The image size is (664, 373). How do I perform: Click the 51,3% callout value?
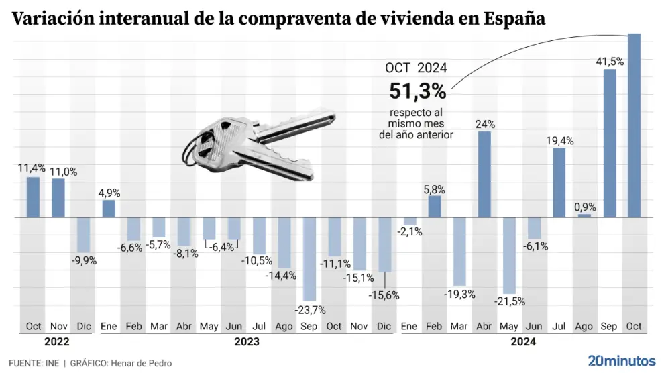click(418, 91)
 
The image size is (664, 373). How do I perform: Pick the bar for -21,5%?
click(510, 255)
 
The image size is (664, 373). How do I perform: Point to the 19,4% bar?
click(559, 182)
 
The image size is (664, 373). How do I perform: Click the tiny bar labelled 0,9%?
click(585, 215)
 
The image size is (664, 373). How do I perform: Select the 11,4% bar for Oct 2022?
click(34, 197)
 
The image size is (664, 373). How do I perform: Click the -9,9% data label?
click(84, 260)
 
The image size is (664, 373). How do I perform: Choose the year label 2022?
click(58, 341)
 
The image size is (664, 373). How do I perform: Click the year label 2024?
click(522, 341)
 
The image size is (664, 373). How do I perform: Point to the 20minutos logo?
click(620, 360)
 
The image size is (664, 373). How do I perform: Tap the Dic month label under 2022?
click(83, 326)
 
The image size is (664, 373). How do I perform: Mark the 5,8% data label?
click(435, 190)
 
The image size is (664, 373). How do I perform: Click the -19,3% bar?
click(459, 252)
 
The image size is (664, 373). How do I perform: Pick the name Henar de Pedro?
click(143, 363)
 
